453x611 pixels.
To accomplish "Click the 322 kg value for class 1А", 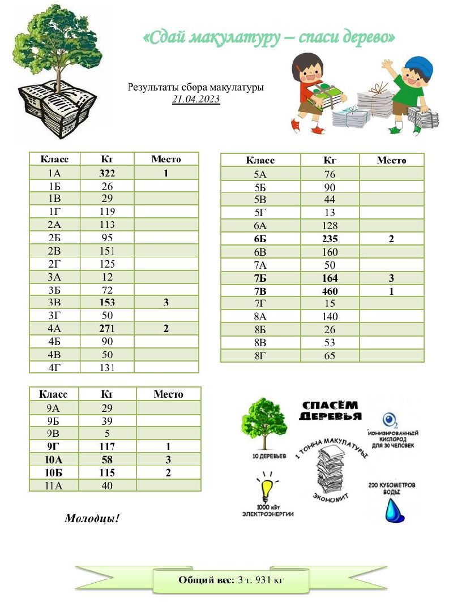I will [107, 173].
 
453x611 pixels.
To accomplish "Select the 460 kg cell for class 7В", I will [330, 291].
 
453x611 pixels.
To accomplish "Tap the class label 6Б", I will [260, 239].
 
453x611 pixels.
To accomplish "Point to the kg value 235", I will [330, 239].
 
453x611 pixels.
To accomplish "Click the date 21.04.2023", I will [196, 99].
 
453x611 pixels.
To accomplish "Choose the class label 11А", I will [54, 485].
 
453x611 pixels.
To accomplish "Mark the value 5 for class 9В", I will [107, 434].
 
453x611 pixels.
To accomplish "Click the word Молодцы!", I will [92, 518].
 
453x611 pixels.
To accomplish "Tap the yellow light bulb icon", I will [267, 488].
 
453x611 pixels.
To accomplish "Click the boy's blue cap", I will [420, 67].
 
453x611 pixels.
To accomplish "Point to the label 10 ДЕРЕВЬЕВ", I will [264, 455].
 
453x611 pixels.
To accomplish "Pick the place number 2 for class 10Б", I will [168, 472].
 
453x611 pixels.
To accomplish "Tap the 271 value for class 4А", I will [107, 329].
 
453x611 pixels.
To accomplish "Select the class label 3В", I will [54, 303].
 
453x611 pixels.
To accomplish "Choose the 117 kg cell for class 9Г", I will [107, 447].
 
